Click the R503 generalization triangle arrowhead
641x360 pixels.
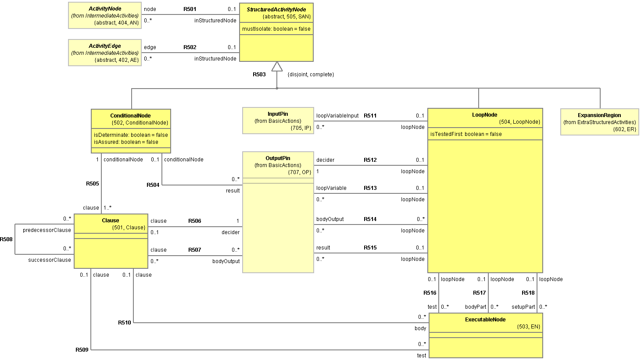click(x=277, y=67)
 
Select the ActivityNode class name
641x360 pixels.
click(x=105, y=9)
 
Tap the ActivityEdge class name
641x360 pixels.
click(x=105, y=46)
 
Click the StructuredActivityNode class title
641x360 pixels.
click(x=276, y=10)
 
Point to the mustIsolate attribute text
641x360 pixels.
click(x=276, y=29)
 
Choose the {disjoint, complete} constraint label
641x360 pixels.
click(x=311, y=75)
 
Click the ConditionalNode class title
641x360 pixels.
click(x=130, y=116)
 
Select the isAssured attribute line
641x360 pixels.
click(x=126, y=142)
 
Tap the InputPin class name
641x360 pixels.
click(x=278, y=114)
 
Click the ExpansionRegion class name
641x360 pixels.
click(x=599, y=115)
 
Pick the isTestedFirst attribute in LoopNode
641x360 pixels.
click(x=466, y=134)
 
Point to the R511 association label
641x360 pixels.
click(x=370, y=116)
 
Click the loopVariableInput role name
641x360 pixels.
click(x=337, y=116)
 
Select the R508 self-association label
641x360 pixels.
click(x=7, y=239)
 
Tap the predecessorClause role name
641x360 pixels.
click(x=47, y=230)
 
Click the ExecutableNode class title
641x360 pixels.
click(x=485, y=320)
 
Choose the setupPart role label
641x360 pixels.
click(x=523, y=307)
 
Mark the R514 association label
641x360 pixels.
click(x=370, y=219)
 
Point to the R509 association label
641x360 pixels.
click(x=82, y=350)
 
